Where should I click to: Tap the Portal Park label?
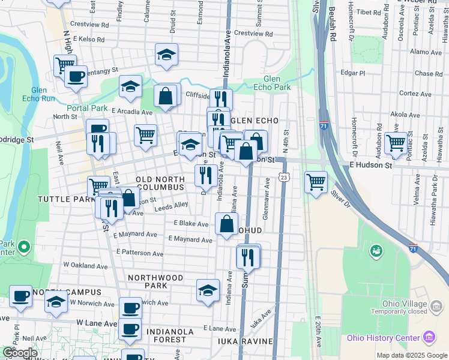[87, 109]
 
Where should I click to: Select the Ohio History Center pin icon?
[428, 336]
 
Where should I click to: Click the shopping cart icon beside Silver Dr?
[316, 181]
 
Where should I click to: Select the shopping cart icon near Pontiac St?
[396, 143]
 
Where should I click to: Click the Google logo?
[20, 353]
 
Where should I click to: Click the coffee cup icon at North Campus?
[21, 296]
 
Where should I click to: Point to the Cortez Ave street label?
[412, 94]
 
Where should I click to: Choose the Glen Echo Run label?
[39, 94]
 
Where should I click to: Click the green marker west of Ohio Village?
[376, 250]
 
